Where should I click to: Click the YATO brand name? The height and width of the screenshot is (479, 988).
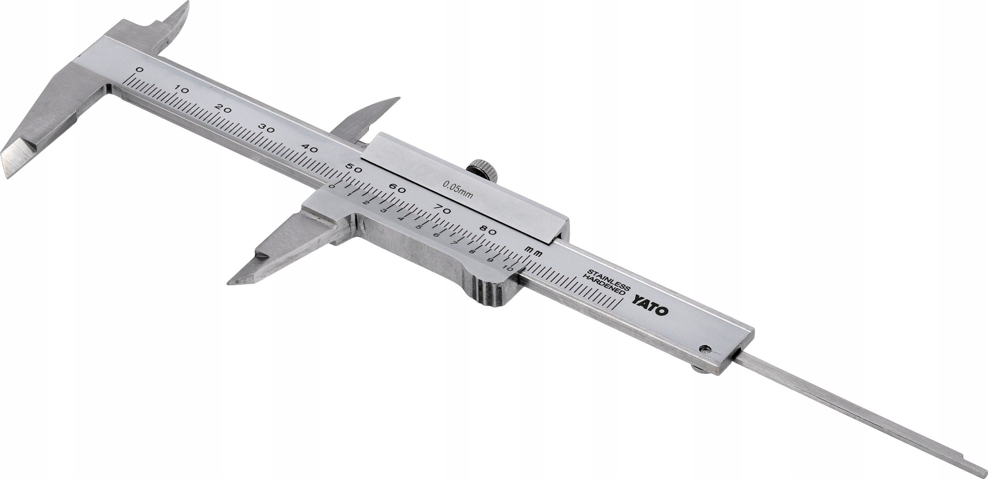[x=651, y=302]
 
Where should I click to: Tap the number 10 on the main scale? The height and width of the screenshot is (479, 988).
[x=181, y=91]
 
